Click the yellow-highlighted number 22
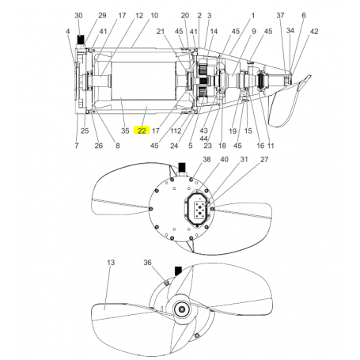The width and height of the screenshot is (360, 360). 142,131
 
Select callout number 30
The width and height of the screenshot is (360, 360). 78,16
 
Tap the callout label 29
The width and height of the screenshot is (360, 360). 101,16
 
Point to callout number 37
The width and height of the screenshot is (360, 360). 279,16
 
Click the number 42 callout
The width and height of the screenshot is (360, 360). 314,31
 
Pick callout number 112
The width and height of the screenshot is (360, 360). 176,131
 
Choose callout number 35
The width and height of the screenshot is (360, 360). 124,131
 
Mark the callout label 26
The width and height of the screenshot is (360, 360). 99,145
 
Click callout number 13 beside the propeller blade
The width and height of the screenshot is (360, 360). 110,262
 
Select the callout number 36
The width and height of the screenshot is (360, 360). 147,262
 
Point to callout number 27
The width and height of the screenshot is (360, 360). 264,160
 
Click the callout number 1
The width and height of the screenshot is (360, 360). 252,16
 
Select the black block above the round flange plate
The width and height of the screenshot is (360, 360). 180,167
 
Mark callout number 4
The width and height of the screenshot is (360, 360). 67,31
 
